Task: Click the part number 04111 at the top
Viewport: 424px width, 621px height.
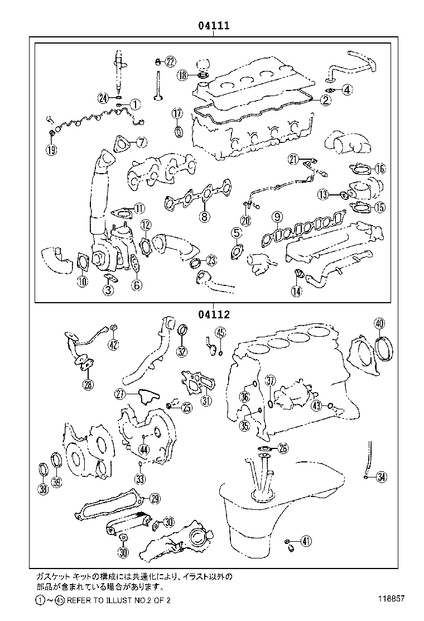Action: pyautogui.click(x=213, y=26)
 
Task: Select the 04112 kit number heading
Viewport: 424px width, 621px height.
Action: pyautogui.click(x=213, y=314)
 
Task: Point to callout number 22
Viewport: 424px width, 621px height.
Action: pyautogui.click(x=170, y=61)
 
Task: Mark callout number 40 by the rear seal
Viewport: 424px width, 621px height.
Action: pyautogui.click(x=379, y=323)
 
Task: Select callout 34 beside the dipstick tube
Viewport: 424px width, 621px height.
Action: pyautogui.click(x=382, y=476)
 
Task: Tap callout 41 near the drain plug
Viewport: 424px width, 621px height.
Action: pyautogui.click(x=305, y=540)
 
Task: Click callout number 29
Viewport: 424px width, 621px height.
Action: pyautogui.click(x=155, y=499)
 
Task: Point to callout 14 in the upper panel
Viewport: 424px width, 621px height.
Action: pyautogui.click(x=296, y=290)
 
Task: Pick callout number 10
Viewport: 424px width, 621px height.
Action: pyautogui.click(x=82, y=281)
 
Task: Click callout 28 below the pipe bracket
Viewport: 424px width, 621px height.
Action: pyautogui.click(x=88, y=384)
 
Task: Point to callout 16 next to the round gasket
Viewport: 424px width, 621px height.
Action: pyautogui.click(x=379, y=169)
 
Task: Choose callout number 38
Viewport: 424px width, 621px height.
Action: pyautogui.click(x=43, y=490)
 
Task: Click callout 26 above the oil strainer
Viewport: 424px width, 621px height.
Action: pyautogui.click(x=283, y=448)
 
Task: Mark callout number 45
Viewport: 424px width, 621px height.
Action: pyautogui.click(x=220, y=333)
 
